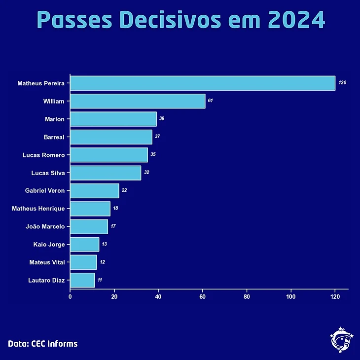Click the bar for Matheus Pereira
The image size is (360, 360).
point(202,83)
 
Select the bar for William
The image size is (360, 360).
point(137,101)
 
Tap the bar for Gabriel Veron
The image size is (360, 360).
point(94,190)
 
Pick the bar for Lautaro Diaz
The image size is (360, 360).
point(82,280)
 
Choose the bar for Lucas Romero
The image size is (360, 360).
point(108,155)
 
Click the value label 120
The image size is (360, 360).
point(342,83)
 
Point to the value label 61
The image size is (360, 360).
point(211,101)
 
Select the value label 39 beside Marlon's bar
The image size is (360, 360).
point(162,119)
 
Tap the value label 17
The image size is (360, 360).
point(113,226)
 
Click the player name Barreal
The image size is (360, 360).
point(54,137)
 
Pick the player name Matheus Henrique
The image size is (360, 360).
point(38,209)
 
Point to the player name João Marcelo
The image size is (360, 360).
point(45,226)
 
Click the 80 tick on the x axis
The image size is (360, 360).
point(247,297)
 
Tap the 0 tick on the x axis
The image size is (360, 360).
point(70,297)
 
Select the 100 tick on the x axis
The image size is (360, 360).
point(291,297)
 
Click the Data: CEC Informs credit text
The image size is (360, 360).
point(43,344)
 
